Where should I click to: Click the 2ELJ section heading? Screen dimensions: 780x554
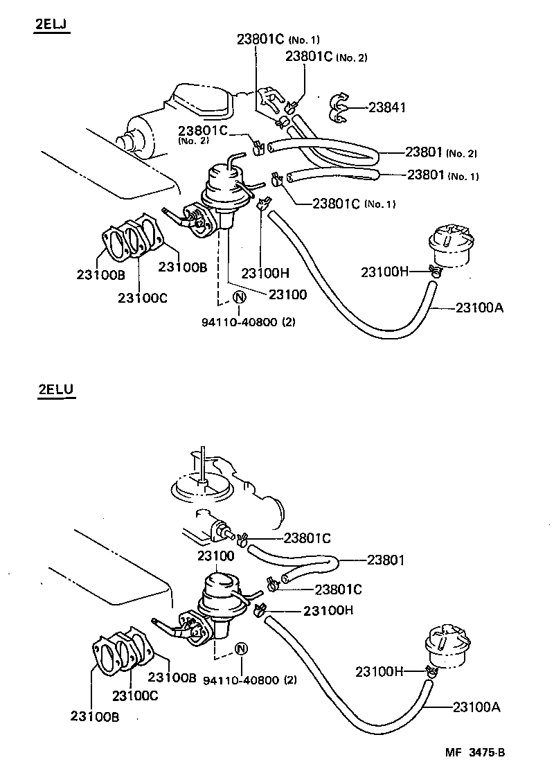point(53,26)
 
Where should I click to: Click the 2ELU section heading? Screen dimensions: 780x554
point(55,390)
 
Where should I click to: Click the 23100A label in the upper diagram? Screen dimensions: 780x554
point(479,308)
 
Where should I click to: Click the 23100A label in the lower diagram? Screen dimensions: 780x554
point(476,707)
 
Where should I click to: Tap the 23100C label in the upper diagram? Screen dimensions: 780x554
point(142,298)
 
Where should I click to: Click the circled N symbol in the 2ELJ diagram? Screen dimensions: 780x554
point(238,298)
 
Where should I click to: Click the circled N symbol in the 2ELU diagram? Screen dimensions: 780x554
point(242,649)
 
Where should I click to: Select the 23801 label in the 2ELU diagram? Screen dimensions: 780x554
point(385,560)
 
